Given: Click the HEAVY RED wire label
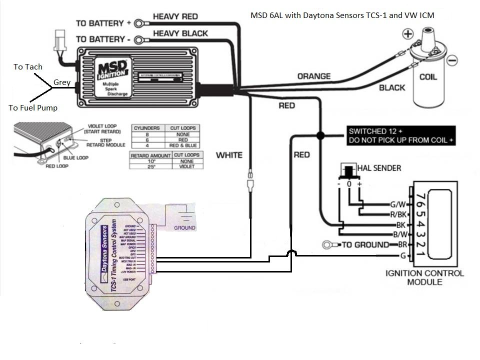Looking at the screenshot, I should coord(175,16).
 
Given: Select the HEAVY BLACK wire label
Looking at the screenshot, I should coord(180,33).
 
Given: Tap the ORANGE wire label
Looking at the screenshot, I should coord(313,76).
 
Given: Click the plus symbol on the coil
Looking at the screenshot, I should coord(408,34).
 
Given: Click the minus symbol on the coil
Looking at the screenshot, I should coord(451,60).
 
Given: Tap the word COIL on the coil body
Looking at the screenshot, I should coord(427,77).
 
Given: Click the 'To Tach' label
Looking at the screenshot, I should coord(28,67).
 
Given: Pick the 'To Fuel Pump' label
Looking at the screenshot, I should coord(32,107).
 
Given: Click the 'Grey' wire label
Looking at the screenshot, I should coord(61,82).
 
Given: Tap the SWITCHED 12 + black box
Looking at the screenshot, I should coord(400,135).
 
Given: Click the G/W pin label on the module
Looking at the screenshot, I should coord(398,204).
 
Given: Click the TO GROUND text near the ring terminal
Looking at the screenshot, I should coord(364,244).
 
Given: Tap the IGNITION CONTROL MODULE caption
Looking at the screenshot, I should coord(424,277).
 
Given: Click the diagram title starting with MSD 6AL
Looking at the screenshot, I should coord(342,15).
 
